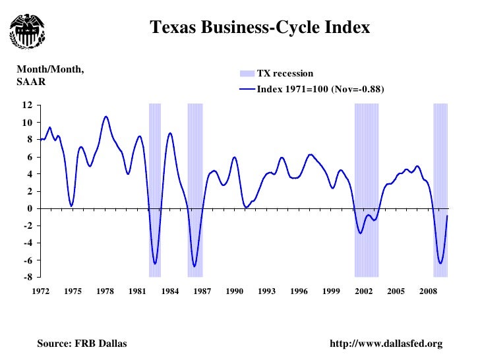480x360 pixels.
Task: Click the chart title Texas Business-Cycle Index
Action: [260, 28]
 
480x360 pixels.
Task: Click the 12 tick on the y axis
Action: [27, 105]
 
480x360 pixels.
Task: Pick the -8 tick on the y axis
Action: [27, 278]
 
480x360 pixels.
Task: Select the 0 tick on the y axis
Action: [30, 208]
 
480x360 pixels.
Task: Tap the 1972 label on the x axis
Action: [41, 291]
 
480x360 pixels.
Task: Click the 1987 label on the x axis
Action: [202, 291]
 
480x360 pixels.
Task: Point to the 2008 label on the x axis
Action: [428, 291]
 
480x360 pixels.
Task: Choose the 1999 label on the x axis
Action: [331, 291]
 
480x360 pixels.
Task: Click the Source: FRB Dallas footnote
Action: [82, 344]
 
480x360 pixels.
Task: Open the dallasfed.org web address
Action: [389, 344]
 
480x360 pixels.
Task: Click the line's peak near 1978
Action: [105, 117]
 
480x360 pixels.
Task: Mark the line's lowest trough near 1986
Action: [195, 266]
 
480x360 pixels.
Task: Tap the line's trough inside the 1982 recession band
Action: [155, 264]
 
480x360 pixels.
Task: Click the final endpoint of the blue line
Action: [448, 216]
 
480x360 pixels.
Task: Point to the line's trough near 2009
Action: [440, 263]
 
